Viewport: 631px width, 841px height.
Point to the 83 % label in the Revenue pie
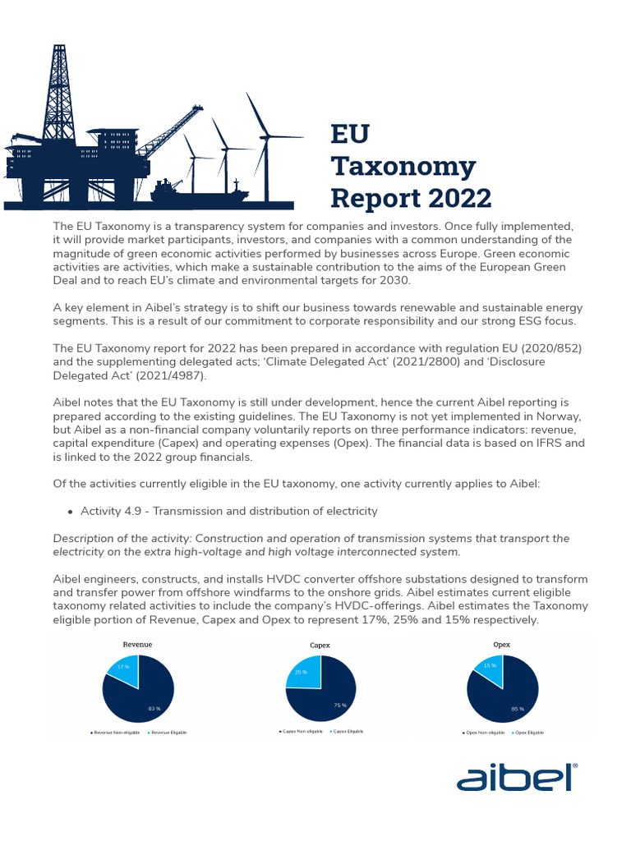click(153, 707)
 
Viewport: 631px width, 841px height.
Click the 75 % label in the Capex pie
click(338, 705)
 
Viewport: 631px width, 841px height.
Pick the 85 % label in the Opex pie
click(517, 707)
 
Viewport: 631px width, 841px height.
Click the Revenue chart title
click(137, 645)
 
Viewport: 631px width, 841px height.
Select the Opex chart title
click(501, 645)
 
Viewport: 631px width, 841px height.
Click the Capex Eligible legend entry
click(346, 730)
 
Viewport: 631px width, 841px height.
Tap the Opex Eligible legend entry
click(527, 732)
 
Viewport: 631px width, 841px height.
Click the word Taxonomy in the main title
click(403, 167)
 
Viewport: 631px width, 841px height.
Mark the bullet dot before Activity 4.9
click(69, 512)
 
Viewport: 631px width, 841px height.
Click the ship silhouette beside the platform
click(197, 192)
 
